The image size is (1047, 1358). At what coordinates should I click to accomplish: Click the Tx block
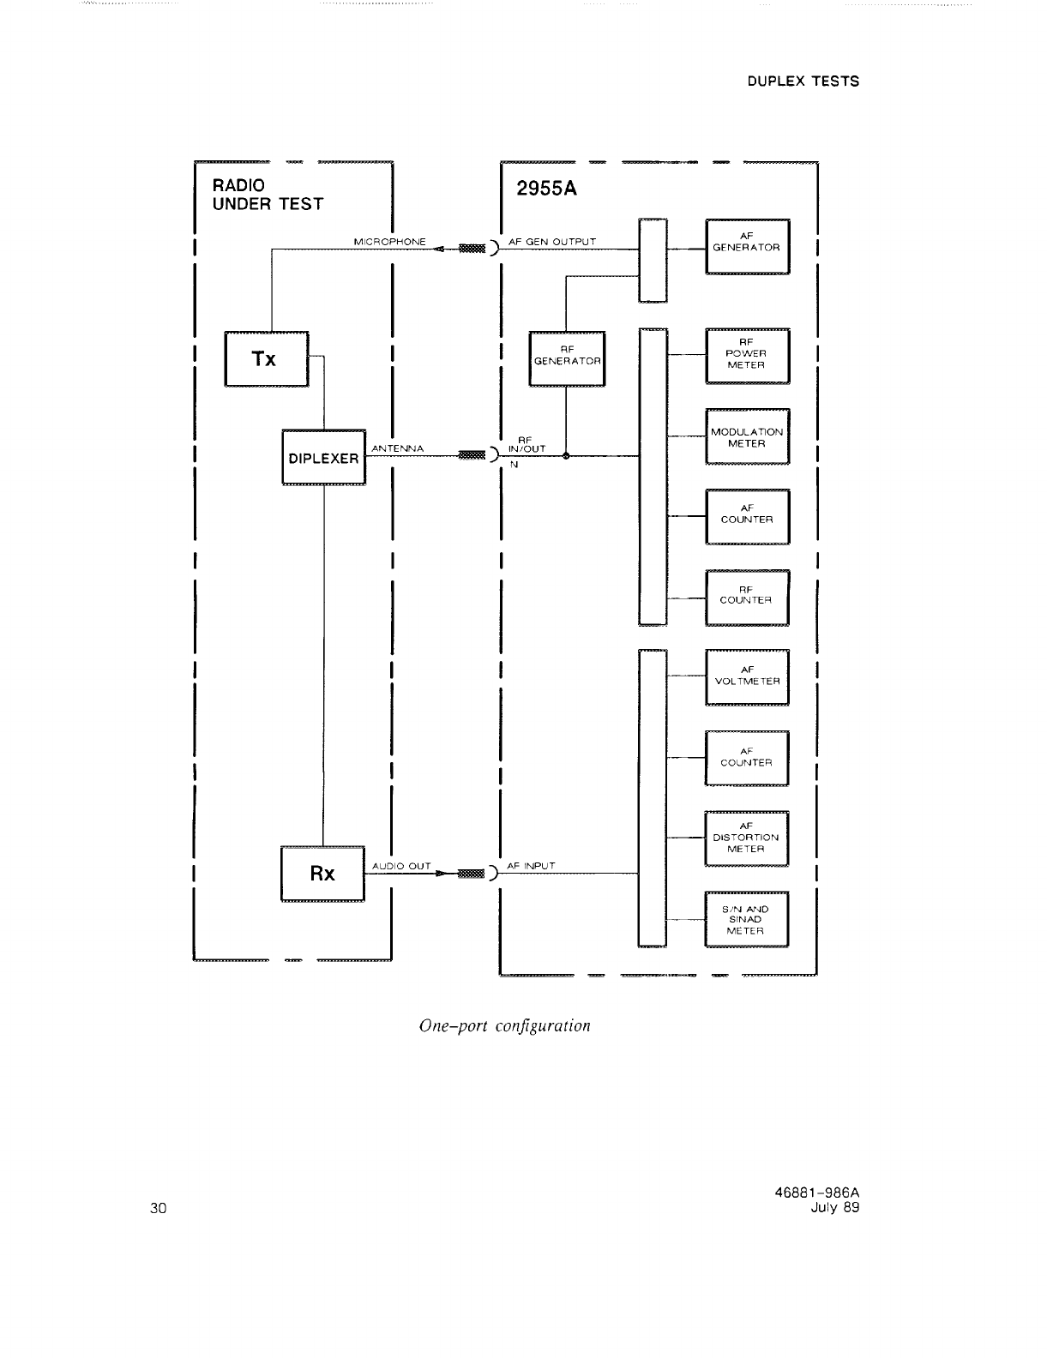pyautogui.click(x=266, y=359)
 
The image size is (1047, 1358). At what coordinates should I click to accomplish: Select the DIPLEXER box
pyautogui.click(x=323, y=458)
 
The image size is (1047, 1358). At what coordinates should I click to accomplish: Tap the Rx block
pyautogui.click(x=322, y=874)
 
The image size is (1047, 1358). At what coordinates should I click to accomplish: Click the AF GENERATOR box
pyautogui.click(x=747, y=246)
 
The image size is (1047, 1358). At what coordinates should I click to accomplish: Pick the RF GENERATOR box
pyautogui.click(x=567, y=358)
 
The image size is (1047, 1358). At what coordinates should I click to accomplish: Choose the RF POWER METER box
pyautogui.click(x=747, y=356)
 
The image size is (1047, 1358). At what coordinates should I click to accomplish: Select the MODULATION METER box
pyautogui.click(x=747, y=437)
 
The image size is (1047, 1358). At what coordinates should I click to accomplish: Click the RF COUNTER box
pyautogui.click(x=747, y=598)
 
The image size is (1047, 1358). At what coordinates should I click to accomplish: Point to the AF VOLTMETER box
pyautogui.click(x=747, y=677)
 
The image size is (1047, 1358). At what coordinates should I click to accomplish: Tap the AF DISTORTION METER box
pyautogui.click(x=747, y=838)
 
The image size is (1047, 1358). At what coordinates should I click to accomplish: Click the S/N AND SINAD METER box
pyautogui.click(x=746, y=920)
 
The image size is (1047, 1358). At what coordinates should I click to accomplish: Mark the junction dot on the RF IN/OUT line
pyautogui.click(x=566, y=456)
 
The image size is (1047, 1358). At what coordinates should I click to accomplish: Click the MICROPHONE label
pyautogui.click(x=389, y=242)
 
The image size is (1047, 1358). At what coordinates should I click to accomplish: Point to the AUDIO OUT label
pyautogui.click(x=401, y=866)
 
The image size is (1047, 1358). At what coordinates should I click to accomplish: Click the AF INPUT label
pyautogui.click(x=532, y=866)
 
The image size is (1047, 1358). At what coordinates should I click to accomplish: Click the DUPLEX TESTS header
pyautogui.click(x=803, y=81)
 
